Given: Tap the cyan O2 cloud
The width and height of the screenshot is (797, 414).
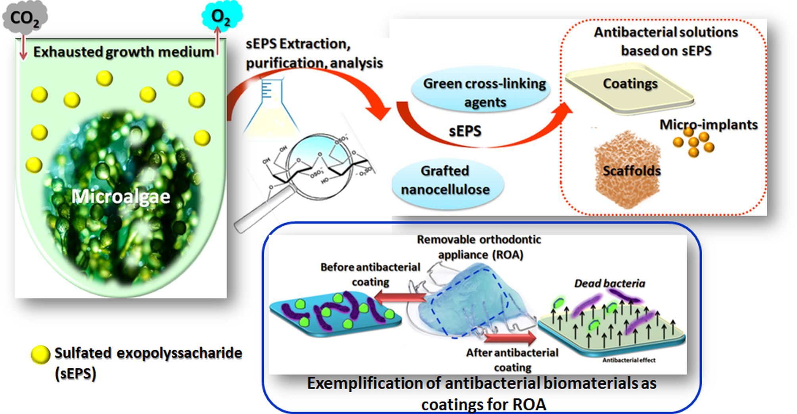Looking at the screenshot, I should (221, 16).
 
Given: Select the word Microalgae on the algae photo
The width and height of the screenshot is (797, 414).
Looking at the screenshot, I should (121, 196).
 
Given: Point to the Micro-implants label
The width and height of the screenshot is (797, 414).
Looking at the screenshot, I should (708, 125).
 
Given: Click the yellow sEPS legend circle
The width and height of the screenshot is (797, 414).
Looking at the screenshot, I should (40, 354).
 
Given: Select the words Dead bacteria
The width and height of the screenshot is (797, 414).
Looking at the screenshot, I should (609, 283).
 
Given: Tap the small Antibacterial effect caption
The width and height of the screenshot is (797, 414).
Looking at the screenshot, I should (628, 360).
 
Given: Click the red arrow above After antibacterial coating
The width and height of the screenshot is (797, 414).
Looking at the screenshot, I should (510, 337).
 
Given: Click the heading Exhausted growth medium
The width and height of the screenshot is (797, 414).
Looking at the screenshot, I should (123, 52).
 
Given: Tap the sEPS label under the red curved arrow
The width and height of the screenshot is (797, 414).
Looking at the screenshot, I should (465, 131).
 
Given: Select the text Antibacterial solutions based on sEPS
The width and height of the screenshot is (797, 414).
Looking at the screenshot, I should (666, 41).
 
